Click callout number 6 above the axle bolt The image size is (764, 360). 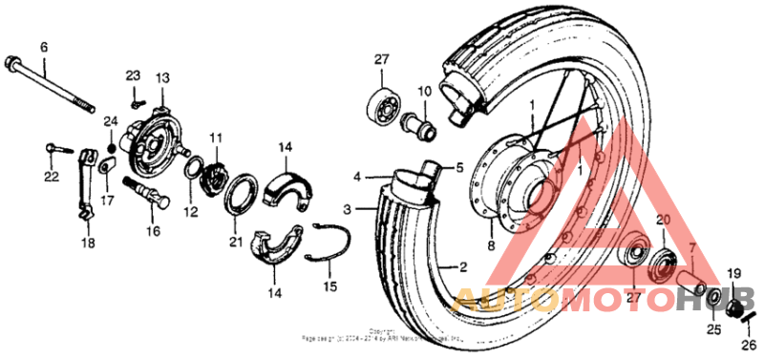point(43,47)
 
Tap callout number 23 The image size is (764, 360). point(133,75)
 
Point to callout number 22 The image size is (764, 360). point(50,176)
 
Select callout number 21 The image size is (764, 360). point(235,243)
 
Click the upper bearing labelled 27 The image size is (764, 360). point(381,105)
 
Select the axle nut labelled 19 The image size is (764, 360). point(734,307)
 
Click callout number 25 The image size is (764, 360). point(711,330)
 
